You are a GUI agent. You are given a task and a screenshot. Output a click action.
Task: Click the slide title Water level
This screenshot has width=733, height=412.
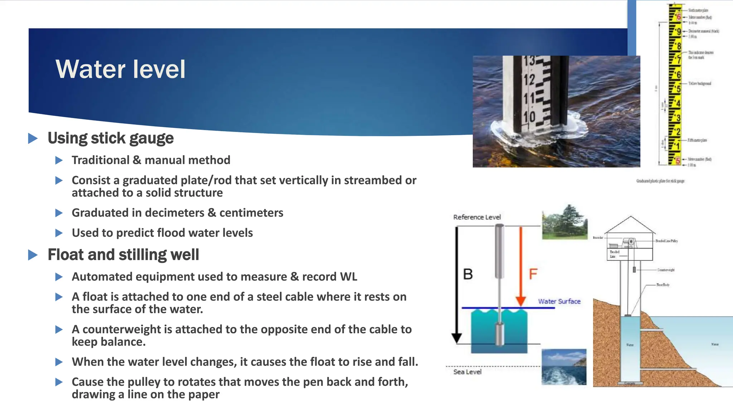pyautogui.click(x=120, y=69)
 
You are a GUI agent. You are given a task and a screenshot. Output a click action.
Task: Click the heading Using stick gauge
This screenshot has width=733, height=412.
pyautogui.click(x=110, y=138)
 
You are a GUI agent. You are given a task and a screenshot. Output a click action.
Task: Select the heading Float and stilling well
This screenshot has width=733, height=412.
pyautogui.click(x=123, y=255)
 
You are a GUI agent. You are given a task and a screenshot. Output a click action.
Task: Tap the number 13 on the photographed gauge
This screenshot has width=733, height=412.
pyautogui.click(x=529, y=61)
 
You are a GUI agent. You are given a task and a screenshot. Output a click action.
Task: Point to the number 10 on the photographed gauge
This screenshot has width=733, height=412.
pyautogui.click(x=529, y=117)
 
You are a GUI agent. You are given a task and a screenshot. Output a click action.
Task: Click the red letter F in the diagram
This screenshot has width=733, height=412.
pyautogui.click(x=533, y=274)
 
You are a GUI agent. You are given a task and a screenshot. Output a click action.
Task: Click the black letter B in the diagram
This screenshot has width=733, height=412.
pyautogui.click(x=468, y=274)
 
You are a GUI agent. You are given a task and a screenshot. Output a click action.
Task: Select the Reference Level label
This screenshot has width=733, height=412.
pyautogui.click(x=477, y=217)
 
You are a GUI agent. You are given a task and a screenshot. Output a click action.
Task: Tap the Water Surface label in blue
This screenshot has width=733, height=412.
pyautogui.click(x=559, y=301)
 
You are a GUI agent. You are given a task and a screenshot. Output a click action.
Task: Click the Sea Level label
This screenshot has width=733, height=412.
pyautogui.click(x=467, y=372)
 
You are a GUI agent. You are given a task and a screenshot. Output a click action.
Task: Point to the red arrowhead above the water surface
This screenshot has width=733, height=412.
pyautogui.click(x=520, y=301)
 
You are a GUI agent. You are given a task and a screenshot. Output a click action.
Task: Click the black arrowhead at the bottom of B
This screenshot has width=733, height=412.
pyautogui.click(x=456, y=338)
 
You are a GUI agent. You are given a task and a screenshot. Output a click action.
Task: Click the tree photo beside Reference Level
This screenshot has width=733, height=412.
pyautogui.click(x=564, y=222)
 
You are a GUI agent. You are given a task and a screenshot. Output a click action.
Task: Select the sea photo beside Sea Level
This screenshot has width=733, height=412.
pyautogui.click(x=564, y=367)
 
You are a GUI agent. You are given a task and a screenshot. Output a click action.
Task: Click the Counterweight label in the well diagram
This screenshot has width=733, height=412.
pyautogui.click(x=666, y=270)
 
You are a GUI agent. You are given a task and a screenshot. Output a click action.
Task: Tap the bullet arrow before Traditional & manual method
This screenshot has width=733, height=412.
pyautogui.click(x=59, y=160)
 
